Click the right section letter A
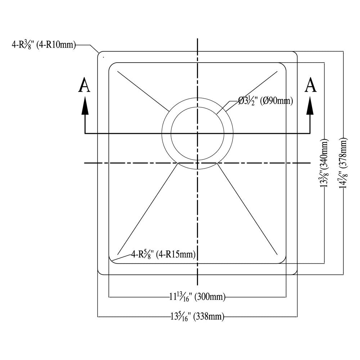click(x=311, y=86)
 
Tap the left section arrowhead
click(x=85, y=107)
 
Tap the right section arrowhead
click(x=310, y=107)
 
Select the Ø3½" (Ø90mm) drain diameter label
click(x=265, y=101)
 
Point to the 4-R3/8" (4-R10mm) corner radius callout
click(x=43, y=45)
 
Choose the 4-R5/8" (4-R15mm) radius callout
click(x=163, y=255)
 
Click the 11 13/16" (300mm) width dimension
click(x=197, y=297)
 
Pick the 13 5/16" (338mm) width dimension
click(x=197, y=317)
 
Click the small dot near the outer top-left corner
click(x=104, y=57)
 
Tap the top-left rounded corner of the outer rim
click(x=100, y=54)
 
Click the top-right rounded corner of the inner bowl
click(x=283, y=66)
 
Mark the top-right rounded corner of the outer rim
click(x=295, y=54)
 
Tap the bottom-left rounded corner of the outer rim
click(x=100, y=273)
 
